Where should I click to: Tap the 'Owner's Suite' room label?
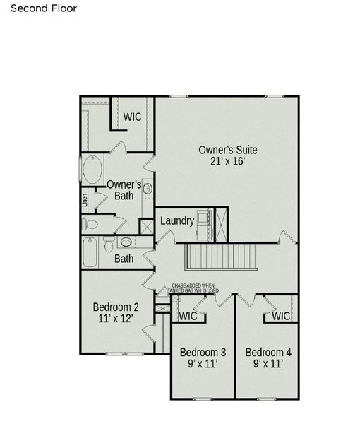coord(227,150)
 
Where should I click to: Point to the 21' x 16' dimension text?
coord(227,161)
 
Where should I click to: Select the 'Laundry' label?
coord(176,220)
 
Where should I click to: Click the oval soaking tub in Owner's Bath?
coord(92,170)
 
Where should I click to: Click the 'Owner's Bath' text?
coord(124,189)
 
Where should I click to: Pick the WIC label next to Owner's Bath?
coord(133,116)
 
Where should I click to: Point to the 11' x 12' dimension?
coord(116,319)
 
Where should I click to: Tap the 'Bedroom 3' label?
coord(203,352)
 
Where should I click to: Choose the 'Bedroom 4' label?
coord(268,352)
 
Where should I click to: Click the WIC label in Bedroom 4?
coord(281,316)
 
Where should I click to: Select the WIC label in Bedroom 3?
coord(188,316)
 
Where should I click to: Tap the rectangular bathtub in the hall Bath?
coord(90,252)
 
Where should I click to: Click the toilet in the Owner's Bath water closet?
coord(90,225)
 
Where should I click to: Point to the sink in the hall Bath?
coord(126,242)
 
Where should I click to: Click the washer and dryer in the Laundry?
coord(205,218)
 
